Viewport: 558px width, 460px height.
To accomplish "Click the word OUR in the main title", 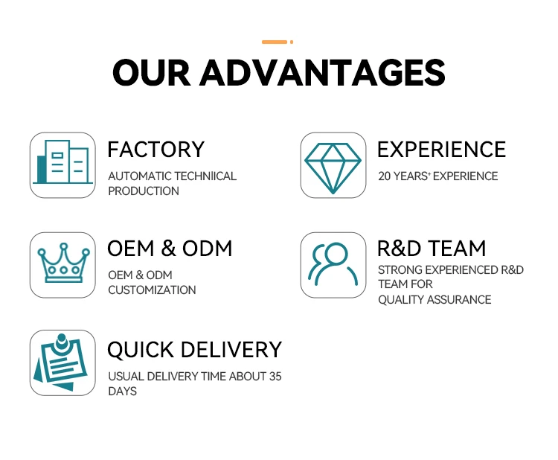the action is point(152,73).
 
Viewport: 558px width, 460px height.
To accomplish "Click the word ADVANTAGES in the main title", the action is point(322,73).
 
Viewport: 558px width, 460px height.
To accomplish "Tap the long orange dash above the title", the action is point(275,42).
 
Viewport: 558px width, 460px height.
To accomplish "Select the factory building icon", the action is point(62,162).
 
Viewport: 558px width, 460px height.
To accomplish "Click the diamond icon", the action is point(333,168).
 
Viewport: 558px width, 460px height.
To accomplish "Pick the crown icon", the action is point(63,263).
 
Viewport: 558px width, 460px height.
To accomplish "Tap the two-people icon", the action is point(333,263).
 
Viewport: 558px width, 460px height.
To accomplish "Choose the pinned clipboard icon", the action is point(60,362).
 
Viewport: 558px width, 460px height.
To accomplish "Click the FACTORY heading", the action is point(156,150).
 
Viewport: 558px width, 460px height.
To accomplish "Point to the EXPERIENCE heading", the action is point(441,150).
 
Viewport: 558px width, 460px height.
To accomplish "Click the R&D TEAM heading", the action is point(432,248).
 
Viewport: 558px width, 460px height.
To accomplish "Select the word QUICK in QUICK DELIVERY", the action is point(141,350).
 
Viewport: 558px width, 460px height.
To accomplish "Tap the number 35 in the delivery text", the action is point(275,377).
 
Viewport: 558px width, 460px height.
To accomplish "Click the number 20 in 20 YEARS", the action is point(385,176).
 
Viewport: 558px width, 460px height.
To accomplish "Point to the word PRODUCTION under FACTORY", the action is point(144,191).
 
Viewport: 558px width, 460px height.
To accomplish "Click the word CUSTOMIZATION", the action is point(152,290).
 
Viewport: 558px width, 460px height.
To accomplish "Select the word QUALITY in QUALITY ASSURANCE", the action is point(401,300).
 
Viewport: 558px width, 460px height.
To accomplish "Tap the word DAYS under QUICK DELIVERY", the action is point(123,392).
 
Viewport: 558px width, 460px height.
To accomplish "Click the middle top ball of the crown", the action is point(64,246).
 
